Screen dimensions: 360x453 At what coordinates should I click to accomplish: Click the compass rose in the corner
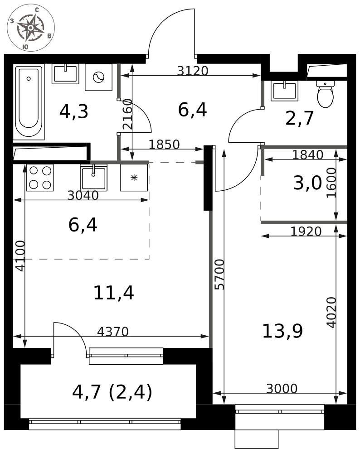click(x=31, y=28)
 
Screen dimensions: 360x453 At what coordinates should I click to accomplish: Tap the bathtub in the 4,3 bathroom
click(x=29, y=102)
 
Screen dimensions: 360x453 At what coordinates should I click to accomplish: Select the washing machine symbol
click(x=98, y=77)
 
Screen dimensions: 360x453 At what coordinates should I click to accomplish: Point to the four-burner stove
click(x=40, y=178)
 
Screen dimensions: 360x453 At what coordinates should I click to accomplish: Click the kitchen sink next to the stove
click(x=94, y=178)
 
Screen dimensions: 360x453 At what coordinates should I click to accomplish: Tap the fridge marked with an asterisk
click(x=134, y=178)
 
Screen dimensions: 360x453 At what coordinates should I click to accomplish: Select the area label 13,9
click(x=282, y=331)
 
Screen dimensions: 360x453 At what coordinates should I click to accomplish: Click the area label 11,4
click(x=114, y=293)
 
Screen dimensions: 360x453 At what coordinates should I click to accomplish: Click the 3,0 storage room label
click(x=307, y=183)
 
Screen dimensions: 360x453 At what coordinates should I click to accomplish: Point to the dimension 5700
click(x=220, y=275)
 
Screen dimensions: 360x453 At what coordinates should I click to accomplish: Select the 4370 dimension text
click(x=113, y=332)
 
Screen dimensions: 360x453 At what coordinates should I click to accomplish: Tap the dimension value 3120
click(x=193, y=71)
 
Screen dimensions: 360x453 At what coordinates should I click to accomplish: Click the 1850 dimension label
click(x=164, y=145)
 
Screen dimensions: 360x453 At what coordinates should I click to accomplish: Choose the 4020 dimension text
click(x=332, y=312)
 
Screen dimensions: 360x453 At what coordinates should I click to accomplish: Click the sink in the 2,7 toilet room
click(x=284, y=91)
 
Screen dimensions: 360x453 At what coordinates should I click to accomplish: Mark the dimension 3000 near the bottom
click(x=282, y=389)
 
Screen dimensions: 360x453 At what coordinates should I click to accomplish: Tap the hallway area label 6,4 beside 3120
click(x=192, y=110)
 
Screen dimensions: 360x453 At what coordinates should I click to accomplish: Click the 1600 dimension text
click(x=332, y=183)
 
